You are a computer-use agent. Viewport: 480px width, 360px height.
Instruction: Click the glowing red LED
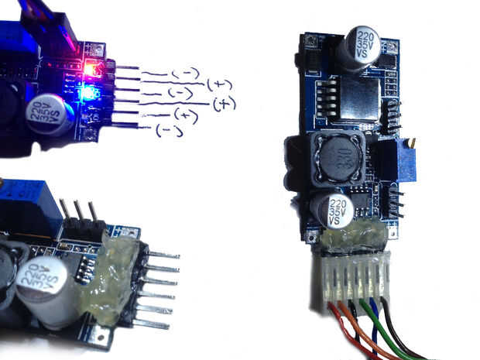coord(91,68)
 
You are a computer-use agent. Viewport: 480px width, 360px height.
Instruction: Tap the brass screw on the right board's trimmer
coord(414,143)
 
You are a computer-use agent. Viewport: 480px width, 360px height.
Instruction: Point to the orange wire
coord(360,333)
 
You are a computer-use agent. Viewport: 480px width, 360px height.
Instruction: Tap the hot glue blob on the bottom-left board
coord(114,283)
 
